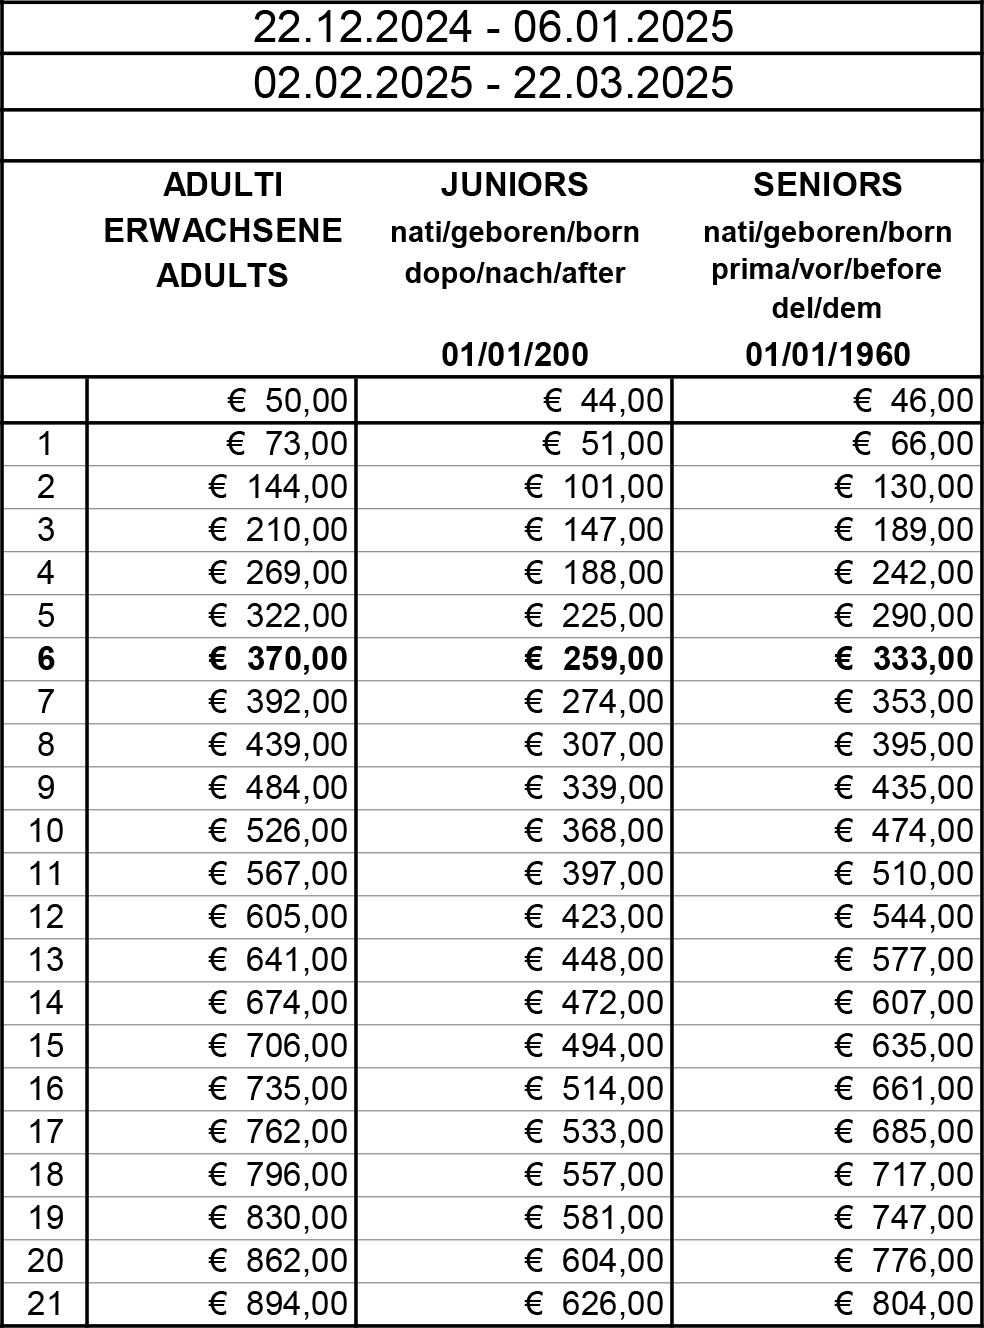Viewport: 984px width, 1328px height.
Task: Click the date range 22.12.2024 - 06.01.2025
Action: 492,28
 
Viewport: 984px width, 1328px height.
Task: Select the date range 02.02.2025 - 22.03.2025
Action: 492,82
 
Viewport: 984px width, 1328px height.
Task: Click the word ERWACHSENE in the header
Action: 223,231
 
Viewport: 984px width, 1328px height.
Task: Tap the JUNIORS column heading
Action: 515,185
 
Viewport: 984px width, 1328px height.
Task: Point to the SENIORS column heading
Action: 827,185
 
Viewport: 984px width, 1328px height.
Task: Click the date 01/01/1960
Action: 827,355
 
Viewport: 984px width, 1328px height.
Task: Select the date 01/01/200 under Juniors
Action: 515,355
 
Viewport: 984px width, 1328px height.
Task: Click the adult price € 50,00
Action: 287,401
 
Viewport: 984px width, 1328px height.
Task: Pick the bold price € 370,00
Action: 278,659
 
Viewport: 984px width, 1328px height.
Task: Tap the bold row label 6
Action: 45,659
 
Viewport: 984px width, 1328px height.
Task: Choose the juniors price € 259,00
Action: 594,659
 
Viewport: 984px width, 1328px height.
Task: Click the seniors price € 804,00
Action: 904,1304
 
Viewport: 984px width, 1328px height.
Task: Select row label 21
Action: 45,1304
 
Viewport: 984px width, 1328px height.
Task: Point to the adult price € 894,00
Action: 278,1304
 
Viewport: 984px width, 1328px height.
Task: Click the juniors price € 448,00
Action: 594,960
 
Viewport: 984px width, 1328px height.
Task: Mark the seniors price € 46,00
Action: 913,401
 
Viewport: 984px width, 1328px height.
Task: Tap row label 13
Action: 45,960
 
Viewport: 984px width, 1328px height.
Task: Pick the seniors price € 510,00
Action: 904,874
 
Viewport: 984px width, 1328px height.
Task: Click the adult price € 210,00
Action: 278,530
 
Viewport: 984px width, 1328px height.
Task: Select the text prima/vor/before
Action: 827,270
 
